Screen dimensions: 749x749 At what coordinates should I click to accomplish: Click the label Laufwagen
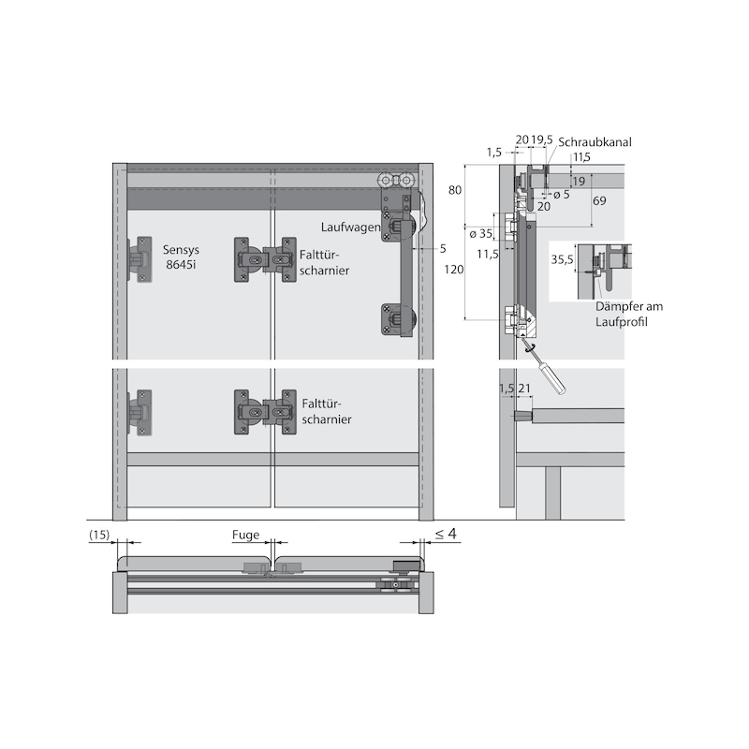pos(350,228)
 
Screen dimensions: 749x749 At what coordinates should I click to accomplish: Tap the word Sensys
pos(181,250)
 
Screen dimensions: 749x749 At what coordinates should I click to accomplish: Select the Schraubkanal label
pos(595,142)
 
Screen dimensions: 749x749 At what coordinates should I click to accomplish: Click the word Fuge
pos(245,535)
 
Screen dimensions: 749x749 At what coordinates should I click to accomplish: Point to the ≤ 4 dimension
pos(446,534)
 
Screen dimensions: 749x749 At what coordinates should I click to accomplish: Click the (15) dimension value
pos(99,535)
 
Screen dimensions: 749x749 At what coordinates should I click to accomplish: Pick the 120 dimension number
pos(453,270)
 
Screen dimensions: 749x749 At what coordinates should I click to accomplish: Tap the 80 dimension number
pos(455,190)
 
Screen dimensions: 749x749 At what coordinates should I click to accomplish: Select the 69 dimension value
pos(599,200)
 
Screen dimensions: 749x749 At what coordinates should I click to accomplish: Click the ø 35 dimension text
pos(480,234)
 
